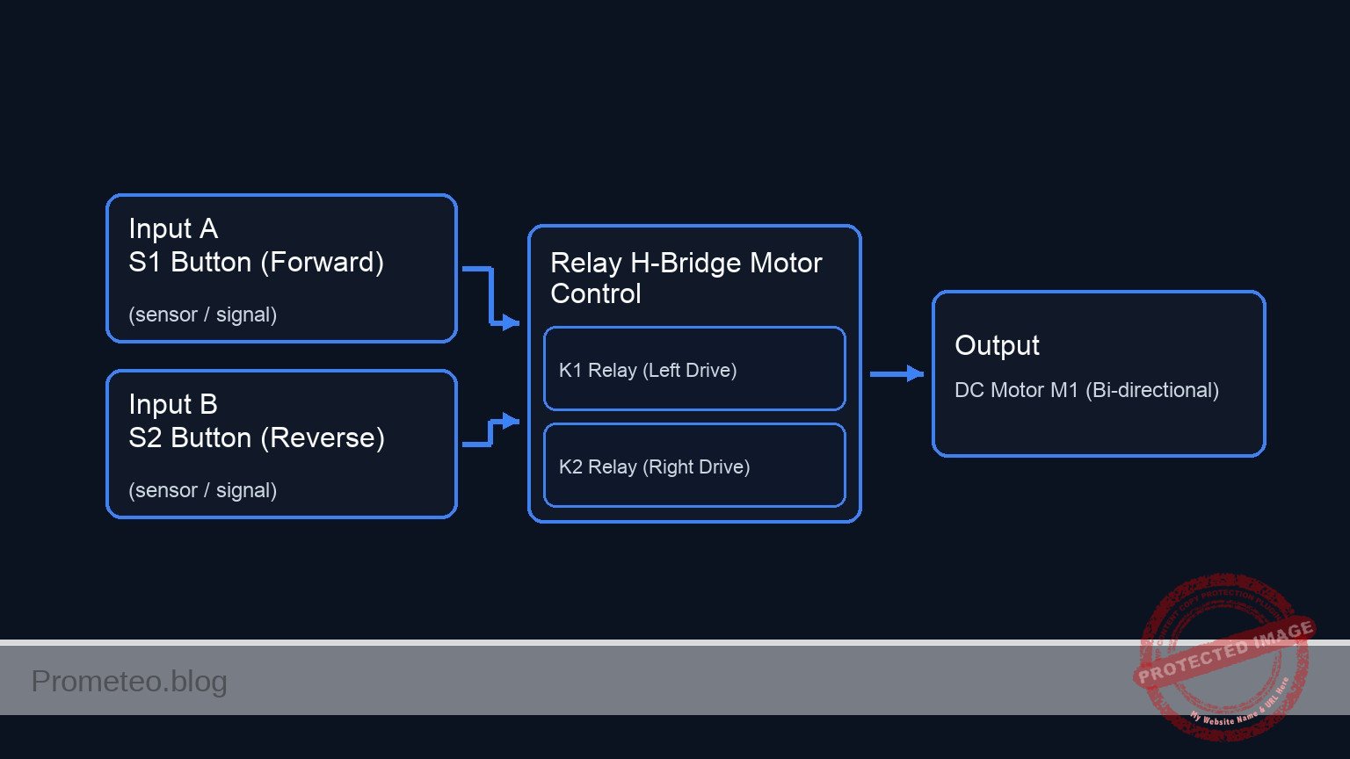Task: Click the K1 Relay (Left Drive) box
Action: coord(694,369)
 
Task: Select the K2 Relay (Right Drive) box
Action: coord(694,466)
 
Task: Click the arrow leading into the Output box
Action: coord(896,374)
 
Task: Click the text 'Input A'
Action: coord(173,228)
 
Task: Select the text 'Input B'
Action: coord(173,404)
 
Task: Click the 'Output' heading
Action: coord(997,345)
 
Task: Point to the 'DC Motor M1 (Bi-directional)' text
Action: coord(1086,390)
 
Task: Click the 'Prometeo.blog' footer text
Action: coord(129,681)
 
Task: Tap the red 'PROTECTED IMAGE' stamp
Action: coord(1223,654)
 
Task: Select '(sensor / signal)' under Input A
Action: coord(203,314)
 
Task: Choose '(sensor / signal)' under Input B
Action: coord(203,490)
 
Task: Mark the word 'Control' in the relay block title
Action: coord(596,293)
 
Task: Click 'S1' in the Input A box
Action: coord(145,263)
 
